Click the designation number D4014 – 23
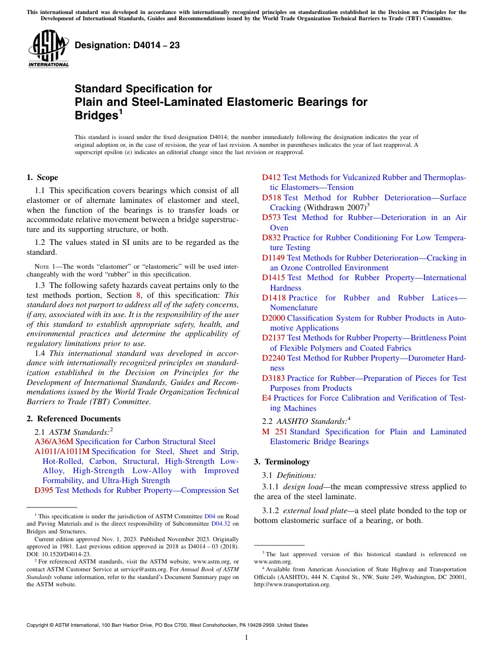(x=127, y=45)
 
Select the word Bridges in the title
(x=96, y=115)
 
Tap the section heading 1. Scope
(x=42, y=177)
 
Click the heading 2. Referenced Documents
(x=73, y=419)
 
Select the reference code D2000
(x=273, y=318)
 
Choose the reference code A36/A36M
(x=54, y=442)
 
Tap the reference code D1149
(x=273, y=258)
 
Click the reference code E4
(x=266, y=398)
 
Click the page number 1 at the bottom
(x=246, y=637)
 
